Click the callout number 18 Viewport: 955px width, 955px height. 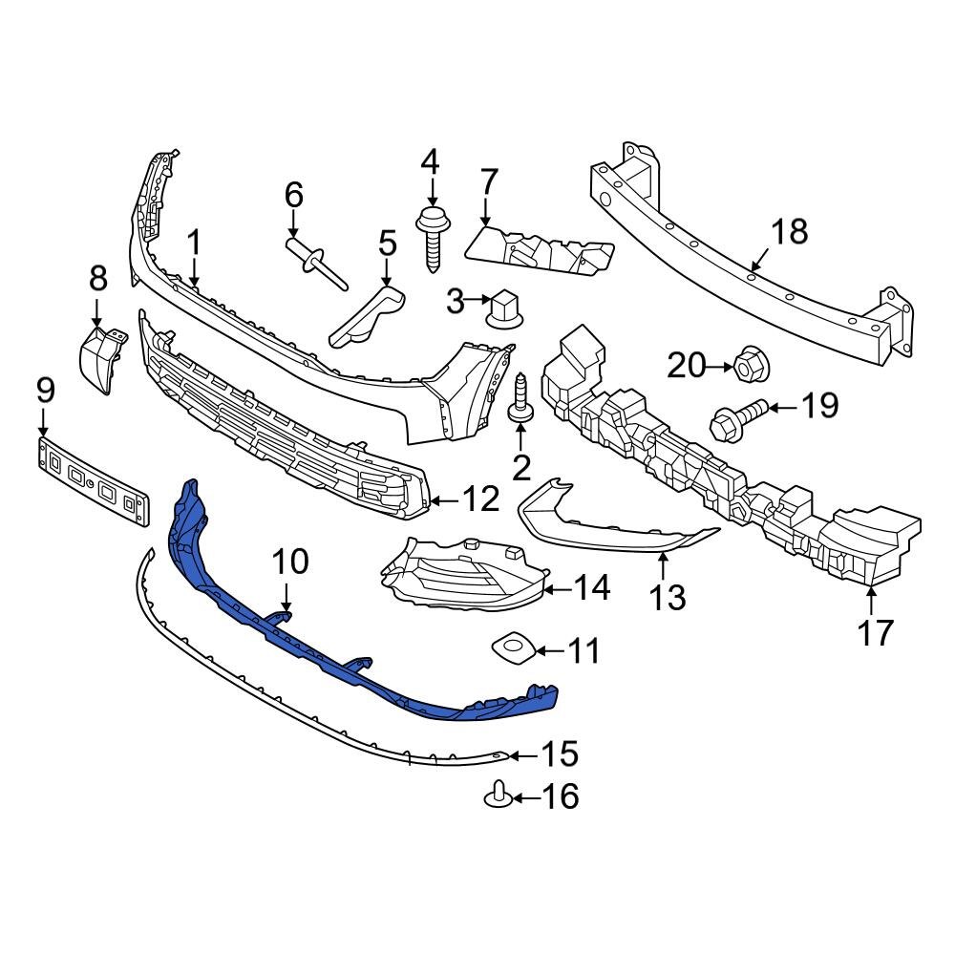(x=789, y=231)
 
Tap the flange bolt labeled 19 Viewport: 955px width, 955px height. (x=736, y=418)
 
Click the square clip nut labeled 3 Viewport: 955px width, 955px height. (x=503, y=308)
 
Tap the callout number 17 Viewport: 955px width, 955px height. (x=875, y=631)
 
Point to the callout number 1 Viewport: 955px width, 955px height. (x=193, y=244)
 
